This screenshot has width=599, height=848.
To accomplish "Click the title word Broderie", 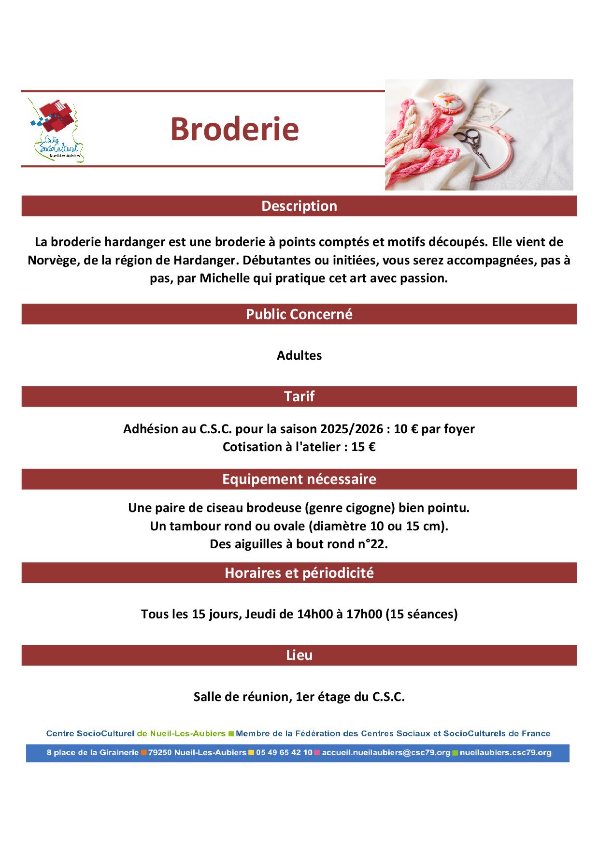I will (234, 129).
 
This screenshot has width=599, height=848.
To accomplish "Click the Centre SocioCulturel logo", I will (56, 130).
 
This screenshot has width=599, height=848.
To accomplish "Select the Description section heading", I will (299, 206).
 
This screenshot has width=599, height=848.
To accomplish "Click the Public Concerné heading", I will (299, 314).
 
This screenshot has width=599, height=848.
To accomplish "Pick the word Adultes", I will (299, 355).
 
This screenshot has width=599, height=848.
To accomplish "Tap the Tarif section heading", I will (299, 396).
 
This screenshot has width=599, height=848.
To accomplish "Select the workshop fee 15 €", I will (363, 447).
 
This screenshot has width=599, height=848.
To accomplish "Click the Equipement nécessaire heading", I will (299, 479).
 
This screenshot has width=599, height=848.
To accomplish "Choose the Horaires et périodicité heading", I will (299, 573).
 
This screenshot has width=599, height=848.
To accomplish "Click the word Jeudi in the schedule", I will (262, 614).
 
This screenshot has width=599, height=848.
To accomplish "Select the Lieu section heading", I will (299, 655).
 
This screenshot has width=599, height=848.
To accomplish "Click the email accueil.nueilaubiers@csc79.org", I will (385, 753).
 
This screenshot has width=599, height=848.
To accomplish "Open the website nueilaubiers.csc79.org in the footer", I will (505, 753).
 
